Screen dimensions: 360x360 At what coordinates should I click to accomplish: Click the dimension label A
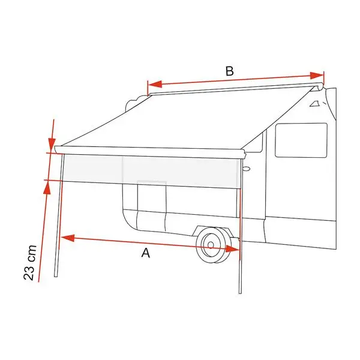click(x=145, y=253)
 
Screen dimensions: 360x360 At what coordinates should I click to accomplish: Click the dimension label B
click(x=229, y=71)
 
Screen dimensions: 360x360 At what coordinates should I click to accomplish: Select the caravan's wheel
click(x=213, y=245)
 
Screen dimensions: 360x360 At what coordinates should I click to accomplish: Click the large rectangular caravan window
click(x=301, y=140)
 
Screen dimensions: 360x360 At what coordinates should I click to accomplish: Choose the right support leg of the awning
click(x=240, y=228)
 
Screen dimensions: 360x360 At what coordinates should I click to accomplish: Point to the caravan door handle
click(x=245, y=170)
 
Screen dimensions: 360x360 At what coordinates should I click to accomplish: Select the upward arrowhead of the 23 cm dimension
click(x=46, y=188)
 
